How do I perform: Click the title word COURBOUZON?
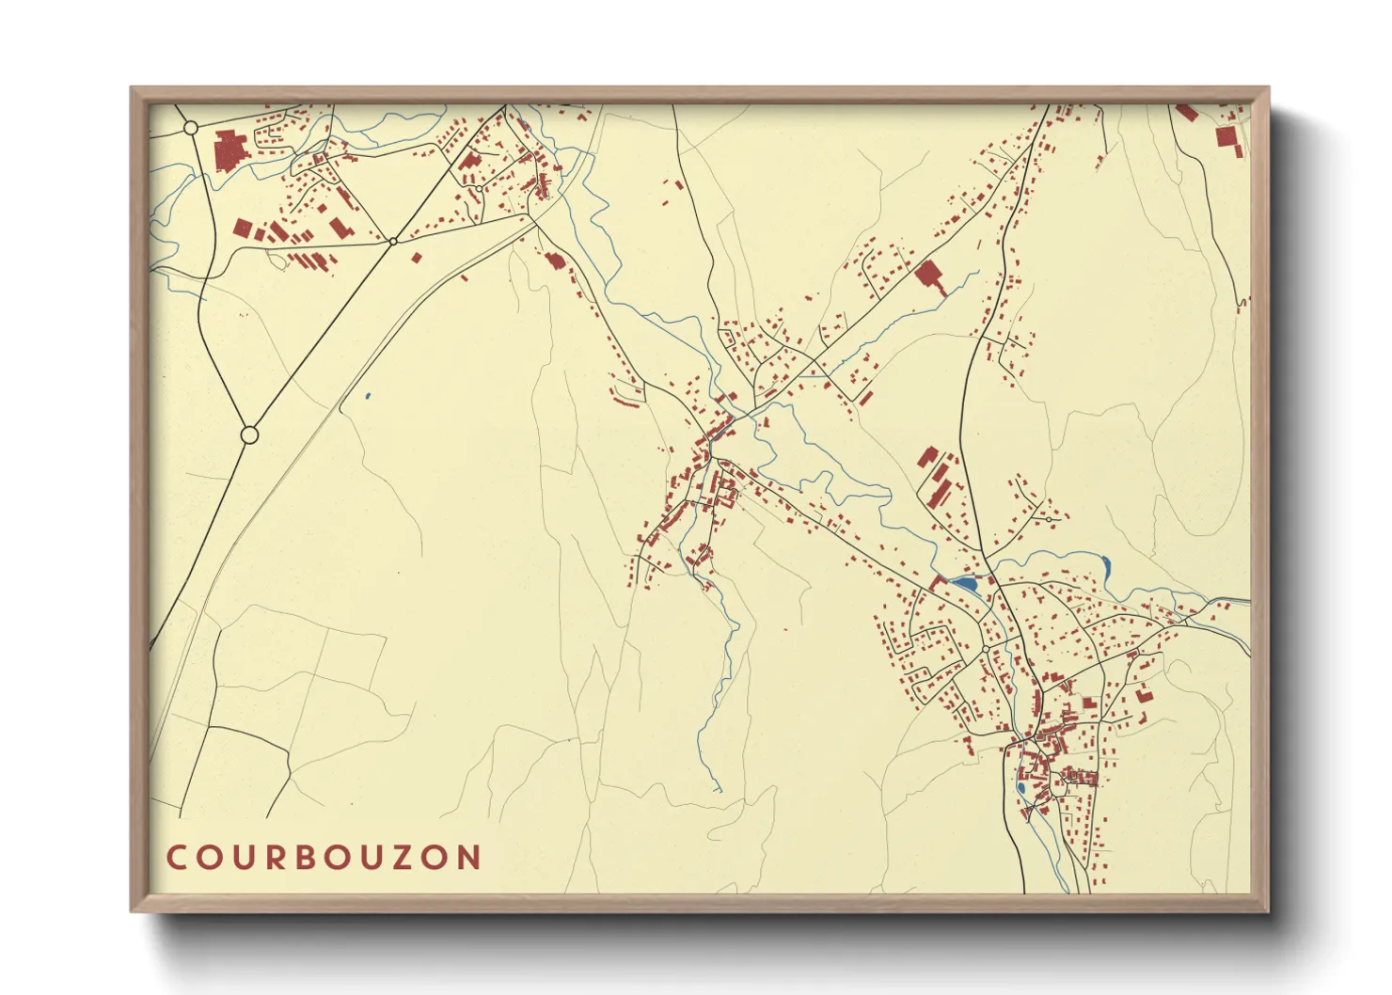point(324,857)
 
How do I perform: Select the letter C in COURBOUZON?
point(176,857)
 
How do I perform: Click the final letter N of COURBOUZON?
point(469,857)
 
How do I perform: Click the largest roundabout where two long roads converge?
point(249,435)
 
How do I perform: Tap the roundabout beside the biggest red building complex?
point(191,127)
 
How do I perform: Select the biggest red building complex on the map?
point(229,150)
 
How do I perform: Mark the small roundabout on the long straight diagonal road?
point(393,241)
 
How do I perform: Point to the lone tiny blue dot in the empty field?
point(367,396)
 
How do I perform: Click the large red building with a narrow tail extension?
point(930,276)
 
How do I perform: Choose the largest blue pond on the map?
point(965,584)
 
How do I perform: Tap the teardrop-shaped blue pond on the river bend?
point(1106,566)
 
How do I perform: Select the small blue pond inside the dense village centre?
point(1020,788)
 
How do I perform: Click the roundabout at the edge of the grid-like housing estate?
point(985,649)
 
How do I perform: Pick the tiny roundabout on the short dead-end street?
point(1049,518)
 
